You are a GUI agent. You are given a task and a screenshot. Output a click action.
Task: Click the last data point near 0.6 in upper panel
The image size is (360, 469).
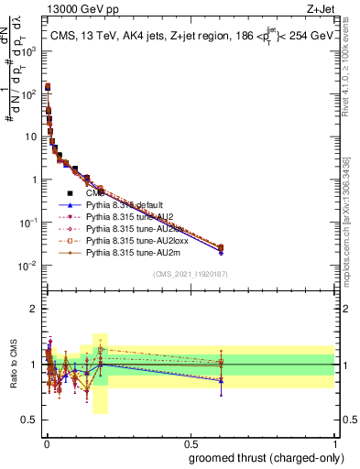click(x=220, y=247)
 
